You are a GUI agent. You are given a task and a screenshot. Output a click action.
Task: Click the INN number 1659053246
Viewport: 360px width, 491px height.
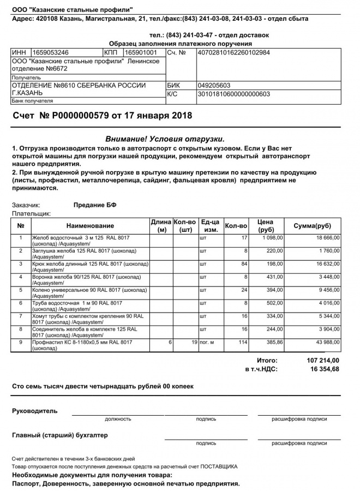tap(51, 52)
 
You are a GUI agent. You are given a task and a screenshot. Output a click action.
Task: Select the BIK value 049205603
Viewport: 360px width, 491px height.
tap(214, 86)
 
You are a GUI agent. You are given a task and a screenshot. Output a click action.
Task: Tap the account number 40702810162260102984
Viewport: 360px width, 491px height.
tap(234, 52)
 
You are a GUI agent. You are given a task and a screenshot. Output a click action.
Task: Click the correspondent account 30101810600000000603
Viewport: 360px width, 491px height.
tap(234, 94)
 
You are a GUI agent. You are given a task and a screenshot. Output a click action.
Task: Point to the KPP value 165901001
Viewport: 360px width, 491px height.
tap(141, 52)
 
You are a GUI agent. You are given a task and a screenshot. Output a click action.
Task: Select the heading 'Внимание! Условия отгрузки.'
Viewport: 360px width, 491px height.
tap(164, 139)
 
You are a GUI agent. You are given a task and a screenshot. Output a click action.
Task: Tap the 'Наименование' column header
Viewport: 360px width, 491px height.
tap(90, 226)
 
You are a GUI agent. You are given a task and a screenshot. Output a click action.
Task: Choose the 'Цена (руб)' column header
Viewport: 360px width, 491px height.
tap(266, 226)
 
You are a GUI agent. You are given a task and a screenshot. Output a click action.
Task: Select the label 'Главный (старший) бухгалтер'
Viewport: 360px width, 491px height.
tap(60, 435)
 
